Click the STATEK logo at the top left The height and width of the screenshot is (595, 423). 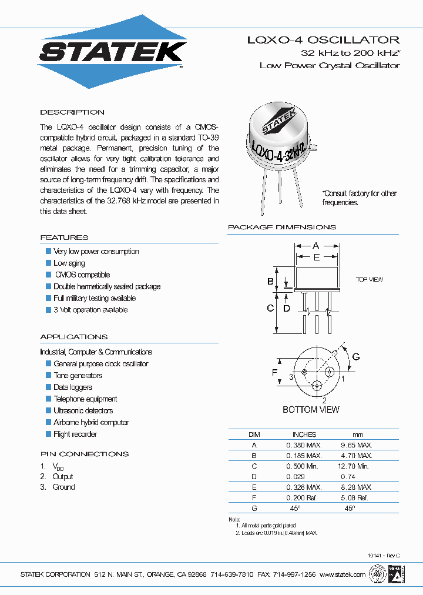coord(112,52)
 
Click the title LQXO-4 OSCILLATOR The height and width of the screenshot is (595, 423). coord(323,40)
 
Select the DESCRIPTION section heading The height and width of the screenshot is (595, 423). coord(72,112)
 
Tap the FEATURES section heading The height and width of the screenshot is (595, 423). coord(64,238)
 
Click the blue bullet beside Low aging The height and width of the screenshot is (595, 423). coord(49,263)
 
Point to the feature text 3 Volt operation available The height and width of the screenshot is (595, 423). coord(90,310)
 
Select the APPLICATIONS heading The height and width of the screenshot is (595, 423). coord(74,337)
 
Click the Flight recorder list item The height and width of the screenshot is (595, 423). coord(75,434)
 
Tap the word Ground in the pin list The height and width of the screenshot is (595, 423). coord(64,487)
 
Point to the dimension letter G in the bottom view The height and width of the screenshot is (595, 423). coord(355,357)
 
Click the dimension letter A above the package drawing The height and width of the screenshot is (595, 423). coord(315,245)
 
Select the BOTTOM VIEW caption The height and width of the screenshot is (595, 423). coord(311,409)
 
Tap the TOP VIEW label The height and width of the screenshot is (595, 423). coord(370,280)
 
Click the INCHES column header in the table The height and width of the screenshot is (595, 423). coord(304,434)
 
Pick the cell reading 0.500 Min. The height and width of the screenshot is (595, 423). coord(304,466)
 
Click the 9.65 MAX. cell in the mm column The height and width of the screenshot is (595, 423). coord(357,445)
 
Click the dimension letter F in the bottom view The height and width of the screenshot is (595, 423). coord(274,372)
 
